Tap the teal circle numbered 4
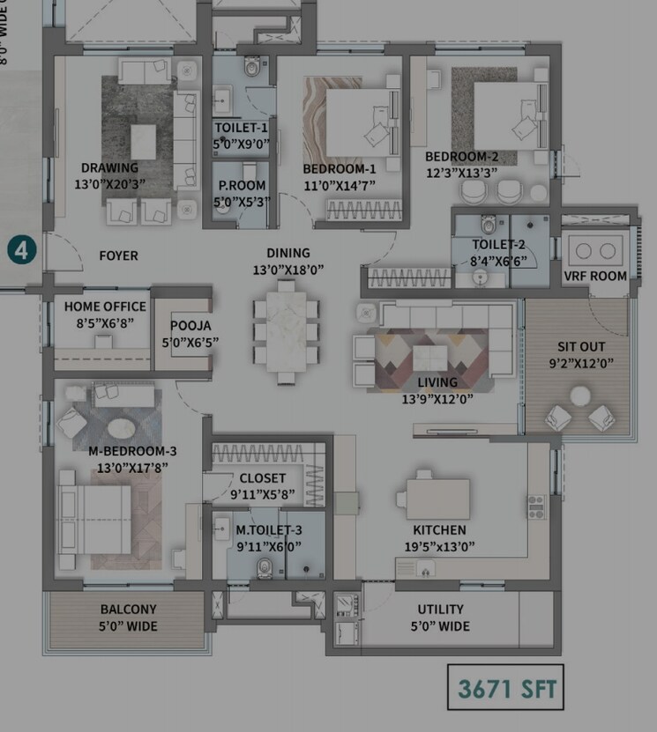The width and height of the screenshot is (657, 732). tap(22, 249)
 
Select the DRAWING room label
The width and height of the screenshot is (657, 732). tap(109, 168)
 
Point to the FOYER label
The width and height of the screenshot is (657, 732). tap(118, 255)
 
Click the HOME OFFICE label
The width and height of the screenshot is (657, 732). tap(100, 307)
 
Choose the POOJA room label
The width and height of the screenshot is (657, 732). tap(190, 325)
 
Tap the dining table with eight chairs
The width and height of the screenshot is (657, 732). tap(286, 330)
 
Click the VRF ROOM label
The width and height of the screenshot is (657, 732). tap(595, 276)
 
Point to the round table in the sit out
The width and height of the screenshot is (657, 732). tap(579, 397)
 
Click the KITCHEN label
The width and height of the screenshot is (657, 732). tap(439, 529)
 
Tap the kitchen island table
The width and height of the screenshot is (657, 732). tap(437, 499)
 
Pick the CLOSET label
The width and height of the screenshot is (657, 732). tap(262, 478)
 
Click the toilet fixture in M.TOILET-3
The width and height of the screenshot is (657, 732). tap(263, 569)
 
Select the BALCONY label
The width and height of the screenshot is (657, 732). tap(128, 609)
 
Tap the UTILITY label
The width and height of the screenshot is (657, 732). tap(440, 609)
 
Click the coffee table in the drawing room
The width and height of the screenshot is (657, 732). tap(143, 140)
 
